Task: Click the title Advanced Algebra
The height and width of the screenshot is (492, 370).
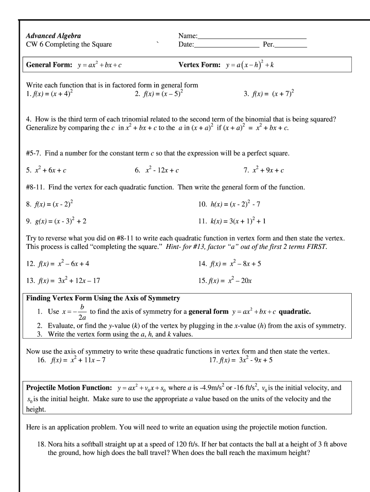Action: click(x=53, y=36)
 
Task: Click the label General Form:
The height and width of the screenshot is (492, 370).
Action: click(x=49, y=65)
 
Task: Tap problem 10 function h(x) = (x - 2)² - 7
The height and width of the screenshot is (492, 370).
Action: click(x=235, y=204)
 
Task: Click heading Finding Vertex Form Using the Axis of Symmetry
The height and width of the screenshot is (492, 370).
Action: click(x=103, y=298)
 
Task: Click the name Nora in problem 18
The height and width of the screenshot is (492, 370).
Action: click(x=56, y=444)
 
